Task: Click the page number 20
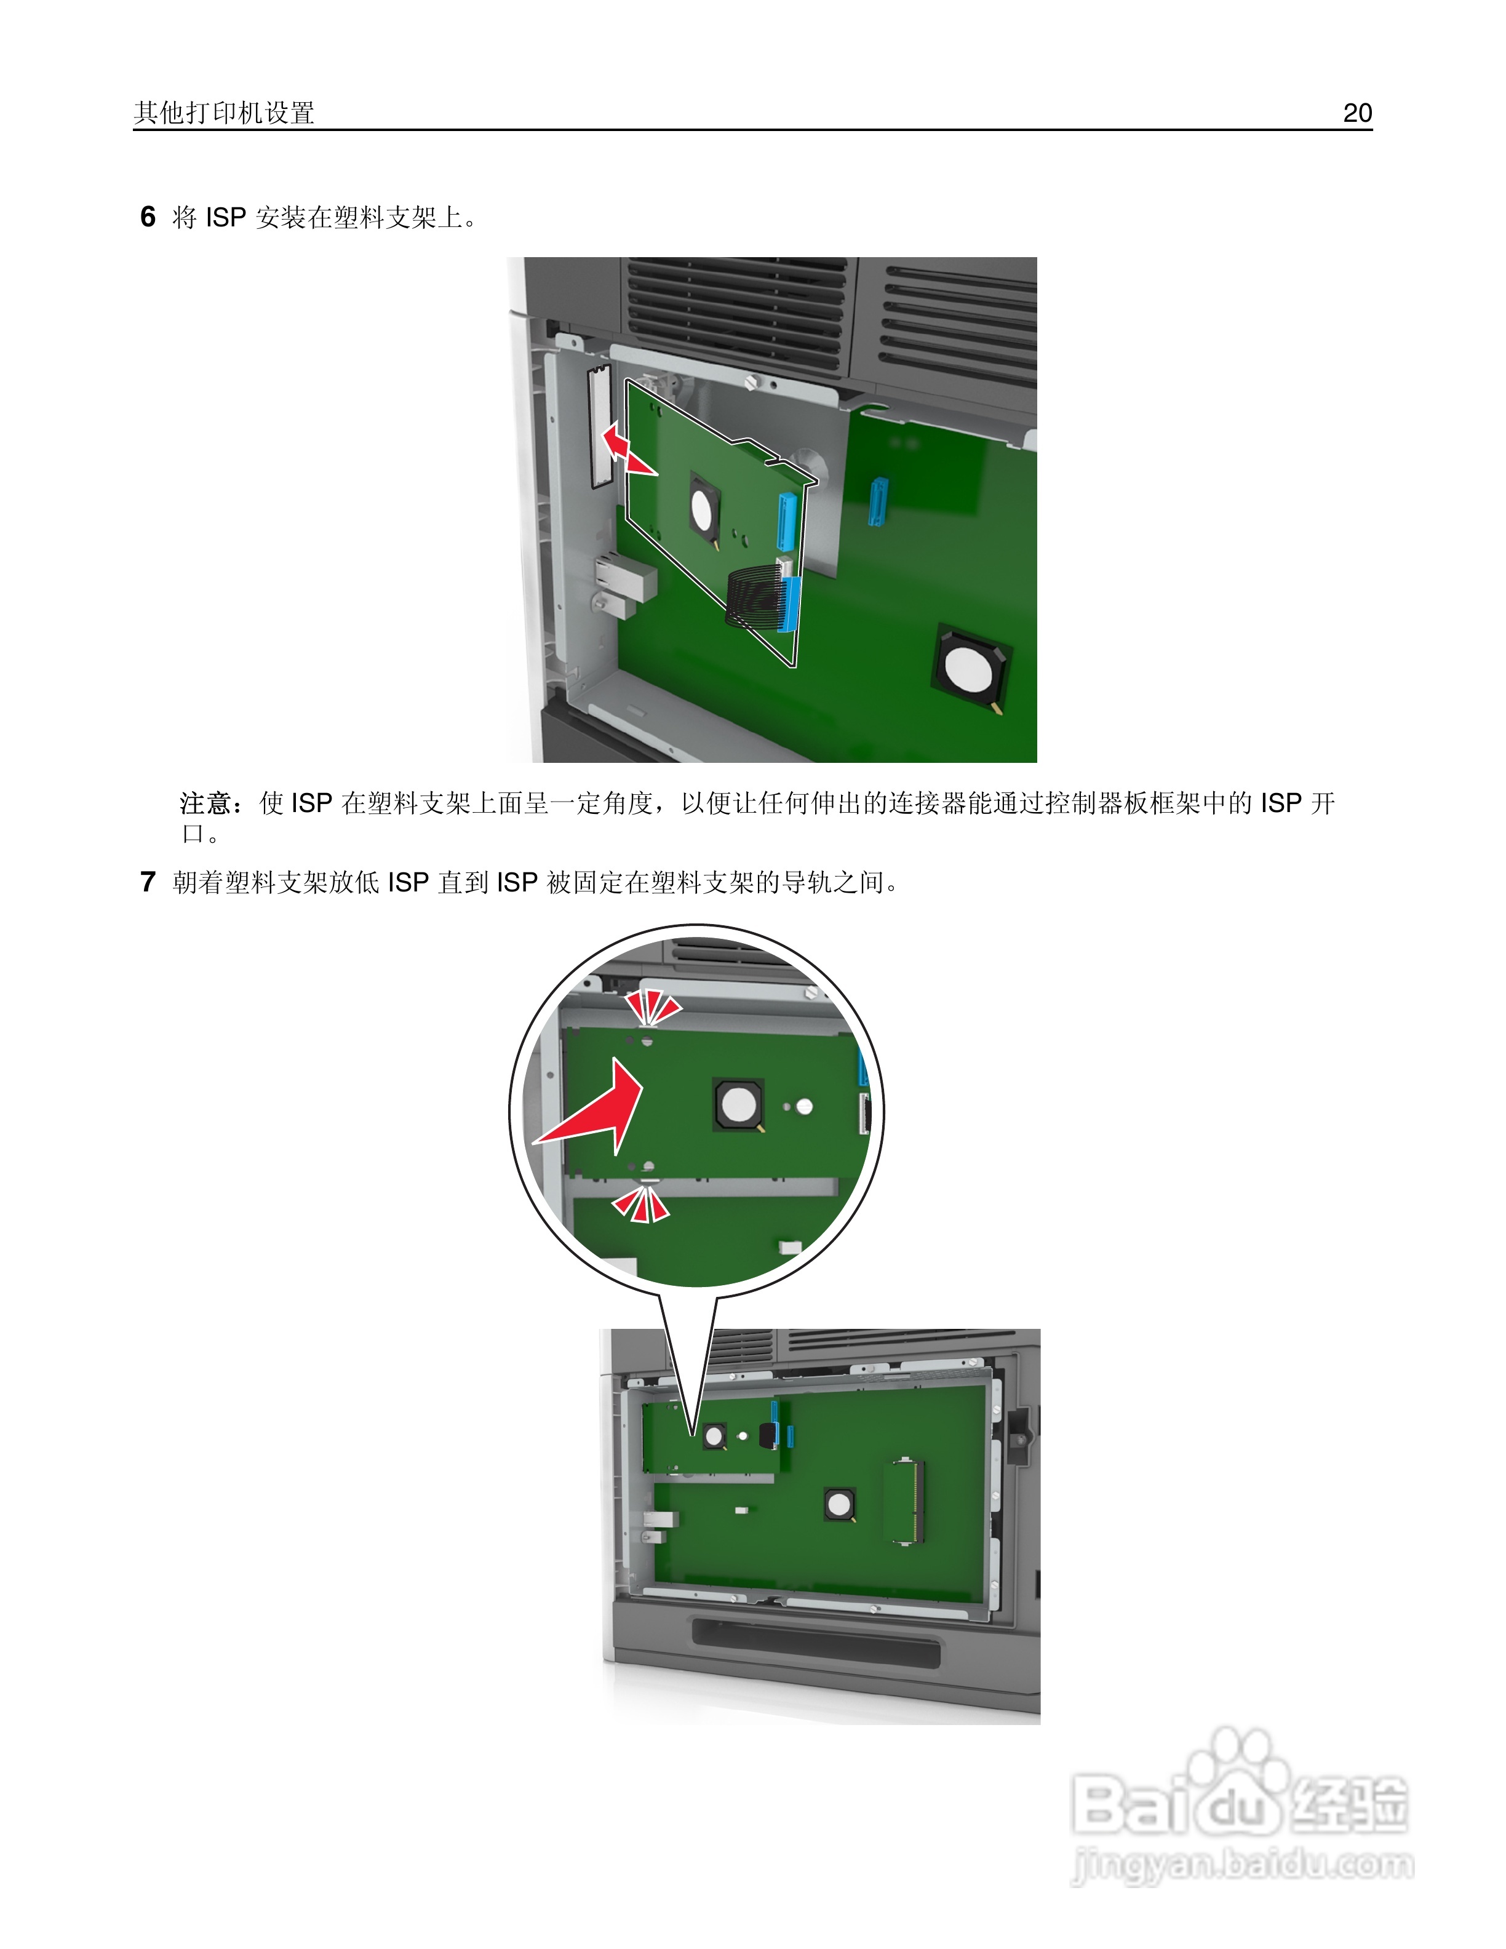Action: click(x=1357, y=113)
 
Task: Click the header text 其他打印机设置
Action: click(x=224, y=113)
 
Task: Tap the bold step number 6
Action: click(x=148, y=217)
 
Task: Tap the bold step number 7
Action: click(x=148, y=882)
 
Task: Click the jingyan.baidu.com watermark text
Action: click(x=1242, y=1865)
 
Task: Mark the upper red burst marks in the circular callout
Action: click(x=652, y=1006)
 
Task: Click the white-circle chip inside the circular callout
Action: click(x=738, y=1105)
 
